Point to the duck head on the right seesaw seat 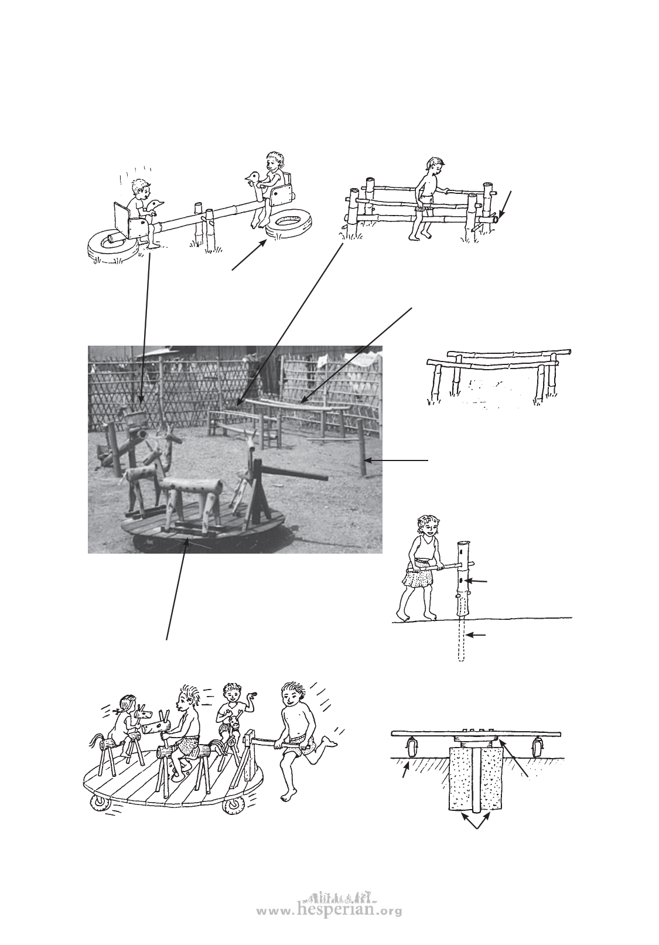(x=253, y=178)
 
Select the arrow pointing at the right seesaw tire (x=248, y=255)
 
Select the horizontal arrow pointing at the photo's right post (x=396, y=460)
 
